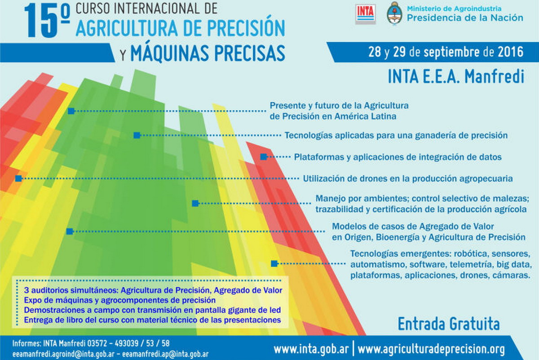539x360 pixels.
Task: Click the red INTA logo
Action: coord(365,14)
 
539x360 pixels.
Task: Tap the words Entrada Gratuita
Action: coord(449,324)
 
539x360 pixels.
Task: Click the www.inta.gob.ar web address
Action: coord(311,349)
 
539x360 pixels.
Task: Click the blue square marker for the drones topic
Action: coord(18,178)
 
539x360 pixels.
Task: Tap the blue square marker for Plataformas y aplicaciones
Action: coord(264,157)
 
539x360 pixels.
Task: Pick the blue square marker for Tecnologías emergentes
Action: coord(274,263)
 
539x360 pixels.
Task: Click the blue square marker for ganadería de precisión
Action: coord(137,135)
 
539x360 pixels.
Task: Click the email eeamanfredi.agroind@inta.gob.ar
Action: coord(63,355)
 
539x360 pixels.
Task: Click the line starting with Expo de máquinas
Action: coord(120,300)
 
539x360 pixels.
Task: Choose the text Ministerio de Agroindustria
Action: coord(454,9)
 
